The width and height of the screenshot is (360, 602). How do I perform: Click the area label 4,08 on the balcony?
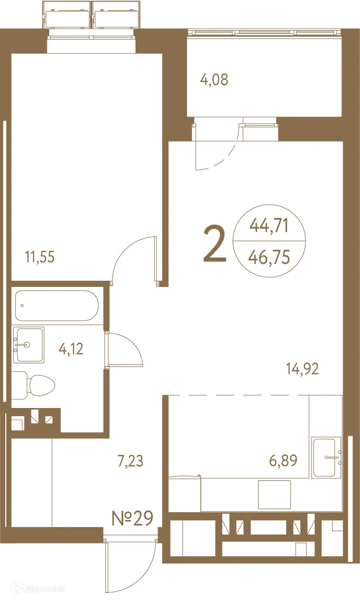point(214,80)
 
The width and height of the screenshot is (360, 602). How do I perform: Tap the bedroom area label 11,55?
point(40,256)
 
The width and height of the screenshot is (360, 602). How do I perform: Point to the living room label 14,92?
point(302,368)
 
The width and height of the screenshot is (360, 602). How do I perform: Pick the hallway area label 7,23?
point(130,461)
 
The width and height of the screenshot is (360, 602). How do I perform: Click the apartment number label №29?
point(132,518)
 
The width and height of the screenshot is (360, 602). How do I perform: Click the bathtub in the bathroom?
point(56,306)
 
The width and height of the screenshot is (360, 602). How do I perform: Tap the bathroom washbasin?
point(29,344)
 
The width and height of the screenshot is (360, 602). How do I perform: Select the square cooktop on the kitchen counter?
point(274,494)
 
